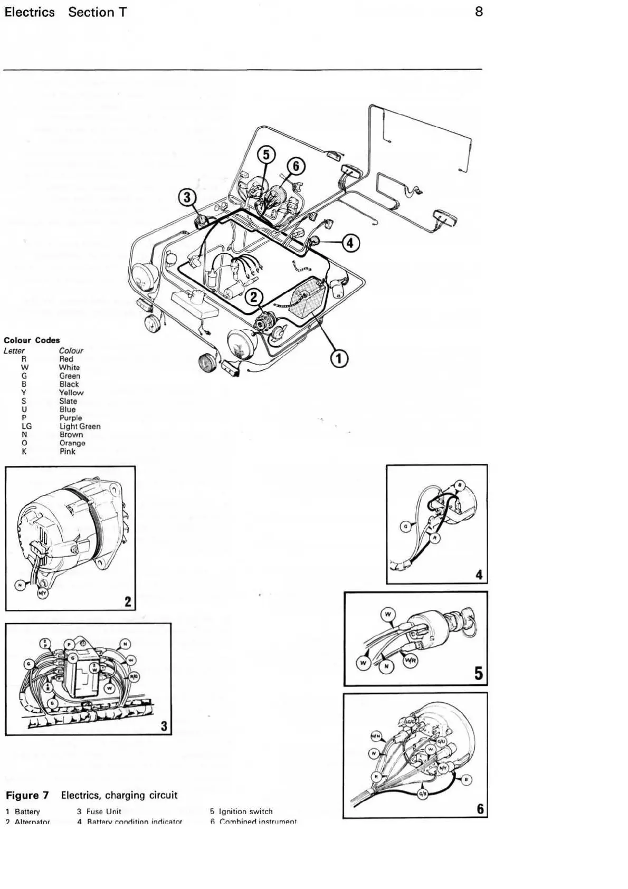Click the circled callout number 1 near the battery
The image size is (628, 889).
coord(339,358)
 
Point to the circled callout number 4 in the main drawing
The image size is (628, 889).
coord(351,243)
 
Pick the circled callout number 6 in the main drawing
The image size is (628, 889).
coord(296,166)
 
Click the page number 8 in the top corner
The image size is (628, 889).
coord(479,12)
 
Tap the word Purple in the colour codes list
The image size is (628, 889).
coord(71,418)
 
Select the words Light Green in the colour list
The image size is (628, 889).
coord(80,426)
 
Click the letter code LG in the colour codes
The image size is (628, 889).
coord(26,426)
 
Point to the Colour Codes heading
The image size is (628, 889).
coord(32,340)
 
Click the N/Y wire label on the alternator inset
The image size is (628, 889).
coord(42,594)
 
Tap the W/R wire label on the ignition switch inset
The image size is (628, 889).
coord(408,659)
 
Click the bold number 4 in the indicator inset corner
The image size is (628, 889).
coord(479,575)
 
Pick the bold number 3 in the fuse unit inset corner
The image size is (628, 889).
coord(164,727)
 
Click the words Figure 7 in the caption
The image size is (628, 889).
coord(30,795)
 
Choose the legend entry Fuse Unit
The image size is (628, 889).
coord(104,811)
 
